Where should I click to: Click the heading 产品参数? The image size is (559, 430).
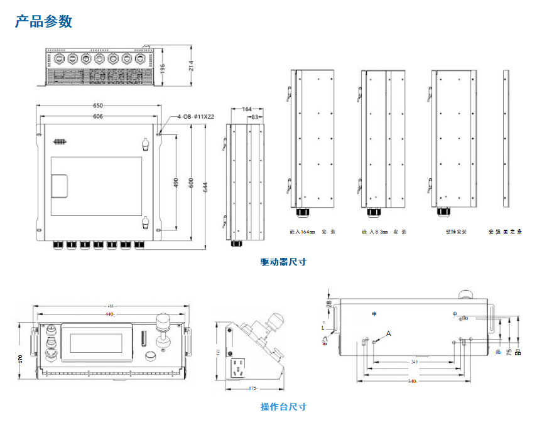point(44,21)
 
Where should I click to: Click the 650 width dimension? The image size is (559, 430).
point(98,105)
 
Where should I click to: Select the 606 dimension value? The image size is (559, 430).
point(98,117)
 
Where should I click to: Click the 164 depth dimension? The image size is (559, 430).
point(246,109)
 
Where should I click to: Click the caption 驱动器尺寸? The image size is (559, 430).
point(283,262)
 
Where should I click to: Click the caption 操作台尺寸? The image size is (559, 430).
point(283,407)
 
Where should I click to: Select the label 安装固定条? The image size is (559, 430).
point(506,232)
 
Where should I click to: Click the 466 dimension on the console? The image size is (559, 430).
point(111,306)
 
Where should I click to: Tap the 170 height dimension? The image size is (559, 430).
point(21,358)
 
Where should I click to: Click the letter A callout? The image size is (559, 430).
point(388,333)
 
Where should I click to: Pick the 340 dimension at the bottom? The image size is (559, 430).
point(412,381)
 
